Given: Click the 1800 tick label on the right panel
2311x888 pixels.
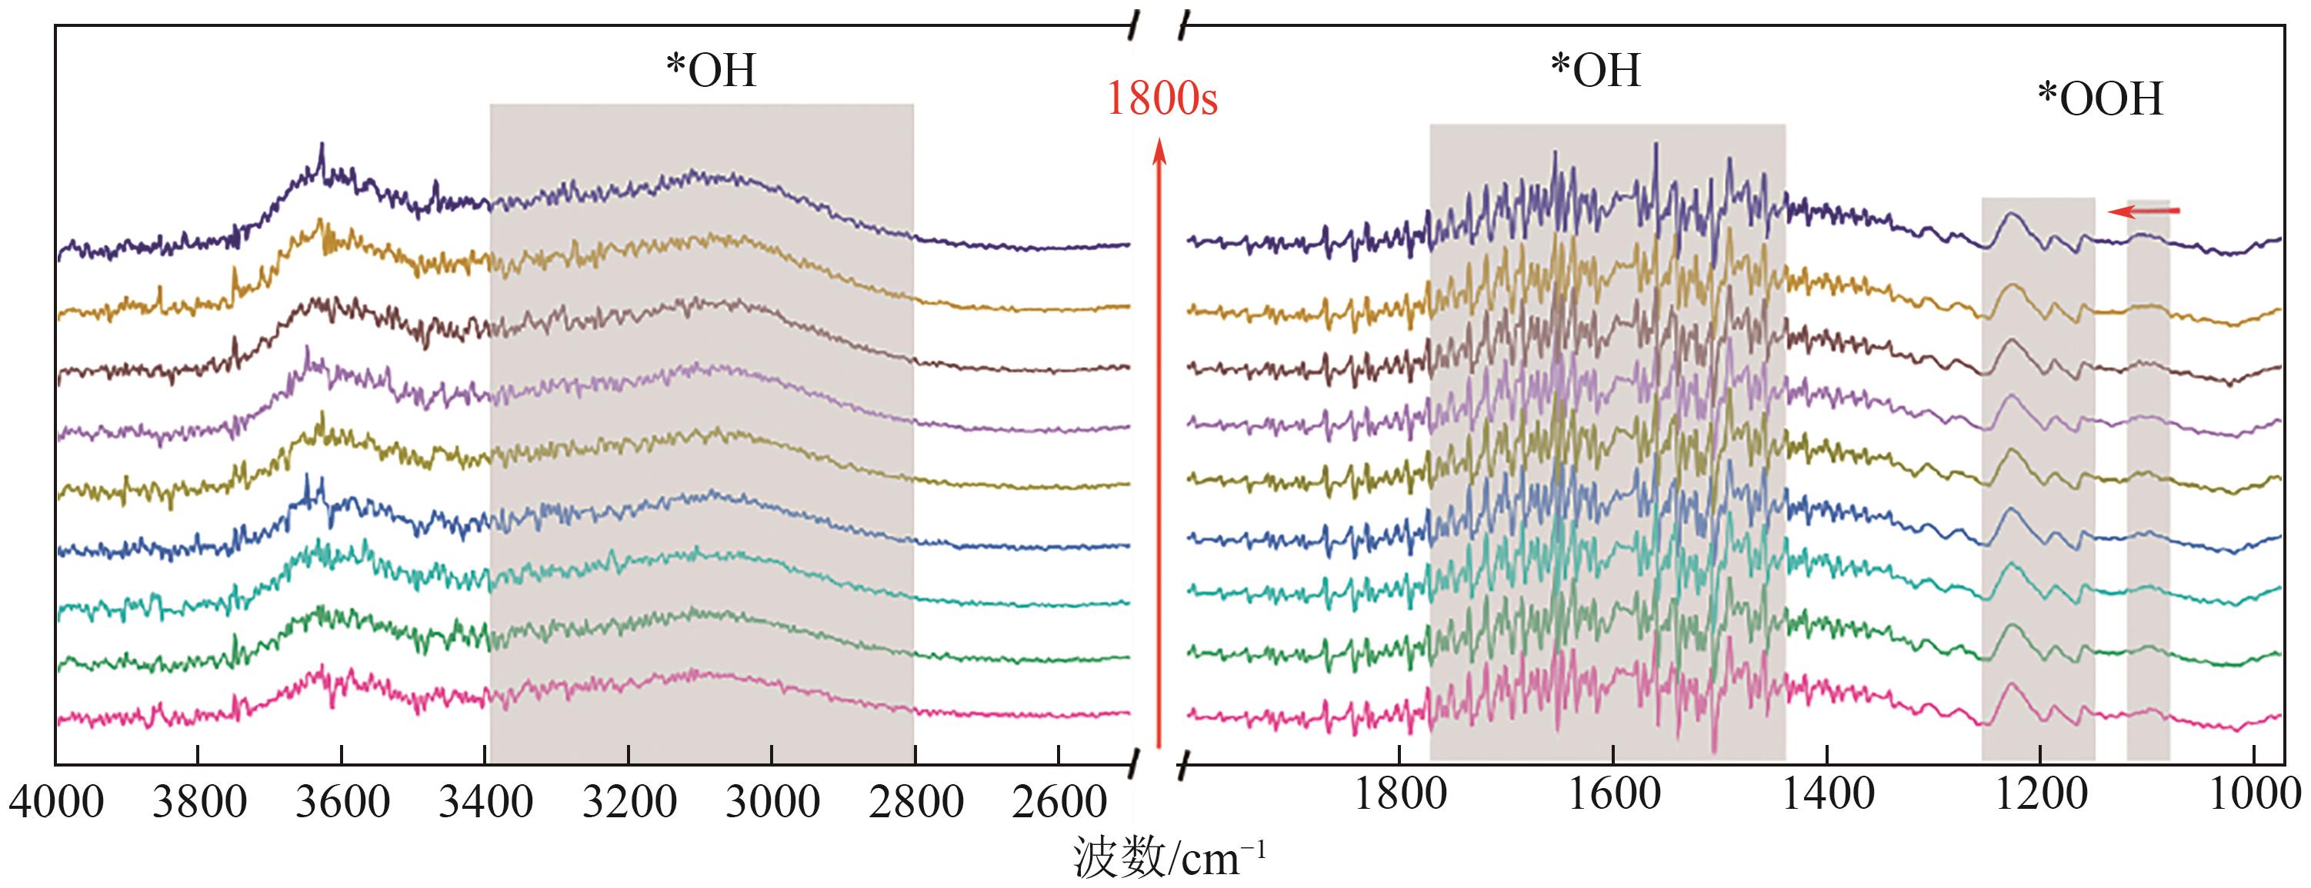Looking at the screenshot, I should [x=1399, y=793].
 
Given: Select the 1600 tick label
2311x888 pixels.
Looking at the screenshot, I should [x=1613, y=793].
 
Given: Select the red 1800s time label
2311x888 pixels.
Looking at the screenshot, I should [x=1162, y=98].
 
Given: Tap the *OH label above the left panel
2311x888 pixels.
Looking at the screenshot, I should [x=711, y=71].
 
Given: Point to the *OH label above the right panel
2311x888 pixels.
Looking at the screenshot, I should [x=1596, y=71].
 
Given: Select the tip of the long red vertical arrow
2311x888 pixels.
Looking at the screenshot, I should [x=1159, y=144].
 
